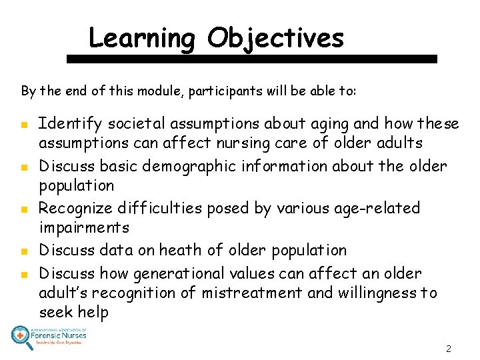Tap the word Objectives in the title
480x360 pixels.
point(275,38)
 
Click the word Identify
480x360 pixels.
point(71,124)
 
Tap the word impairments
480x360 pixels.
point(84,227)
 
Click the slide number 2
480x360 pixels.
point(448,349)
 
